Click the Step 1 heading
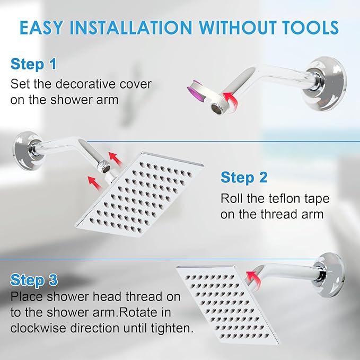click(x=33, y=65)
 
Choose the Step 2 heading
click(x=244, y=178)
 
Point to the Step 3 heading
click(x=33, y=279)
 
